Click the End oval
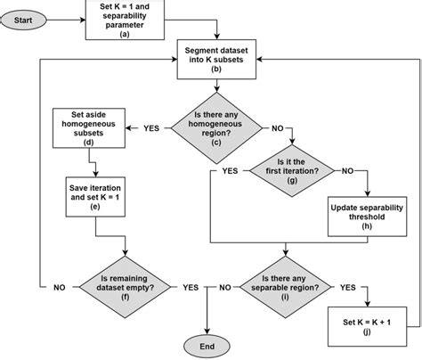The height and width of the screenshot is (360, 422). click(207, 344)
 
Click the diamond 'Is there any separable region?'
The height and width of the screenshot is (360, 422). click(294, 288)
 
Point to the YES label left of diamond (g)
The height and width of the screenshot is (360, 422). click(230, 169)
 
